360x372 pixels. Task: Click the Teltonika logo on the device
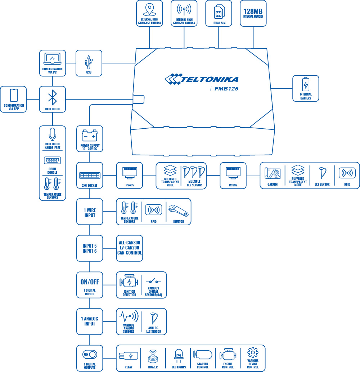201,79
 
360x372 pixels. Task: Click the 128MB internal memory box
253,13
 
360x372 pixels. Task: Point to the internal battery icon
306,84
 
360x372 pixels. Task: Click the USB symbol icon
89,62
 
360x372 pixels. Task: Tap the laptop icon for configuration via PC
53,59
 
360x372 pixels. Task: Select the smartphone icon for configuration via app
14,95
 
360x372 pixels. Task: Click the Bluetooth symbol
53,97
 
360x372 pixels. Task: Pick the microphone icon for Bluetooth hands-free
53,134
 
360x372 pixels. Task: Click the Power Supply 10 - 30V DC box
90,139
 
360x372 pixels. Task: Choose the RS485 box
130,175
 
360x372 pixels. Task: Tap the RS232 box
233,175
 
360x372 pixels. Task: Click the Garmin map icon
273,173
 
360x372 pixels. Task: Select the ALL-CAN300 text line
130,243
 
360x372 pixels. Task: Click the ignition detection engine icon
129,282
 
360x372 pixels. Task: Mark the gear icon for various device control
253,352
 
